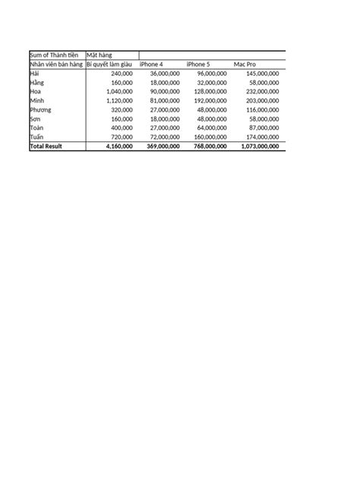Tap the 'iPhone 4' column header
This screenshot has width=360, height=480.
click(152, 65)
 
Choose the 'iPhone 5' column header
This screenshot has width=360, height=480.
click(198, 65)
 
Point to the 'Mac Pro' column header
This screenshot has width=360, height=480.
click(245, 65)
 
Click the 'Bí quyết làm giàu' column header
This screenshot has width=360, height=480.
click(110, 65)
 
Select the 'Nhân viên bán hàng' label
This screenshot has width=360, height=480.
click(56, 65)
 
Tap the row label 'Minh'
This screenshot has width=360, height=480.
click(37, 100)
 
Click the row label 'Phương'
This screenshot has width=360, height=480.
click(41, 109)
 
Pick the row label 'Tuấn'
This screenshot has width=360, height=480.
click(37, 137)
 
